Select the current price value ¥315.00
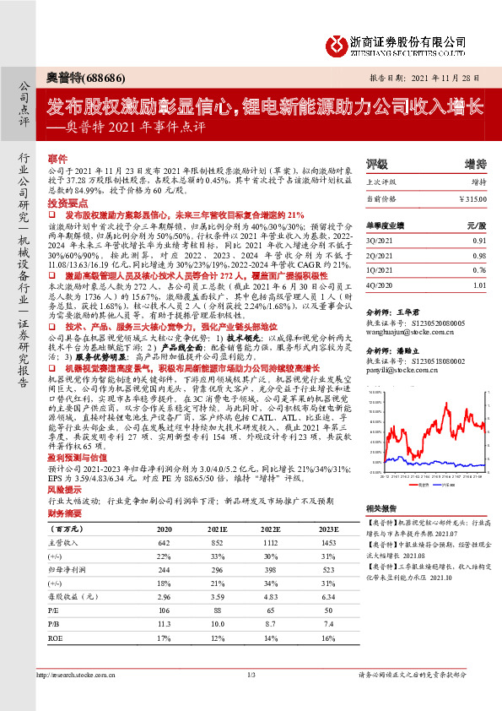(x=472, y=198)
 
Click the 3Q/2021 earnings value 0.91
(x=478, y=240)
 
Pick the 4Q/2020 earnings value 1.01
(x=478, y=285)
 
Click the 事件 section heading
(x=58, y=160)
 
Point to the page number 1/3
(x=251, y=676)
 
